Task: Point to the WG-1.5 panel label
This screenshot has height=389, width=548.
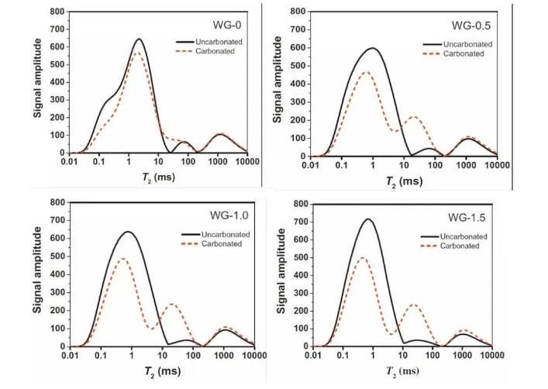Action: [x=466, y=215]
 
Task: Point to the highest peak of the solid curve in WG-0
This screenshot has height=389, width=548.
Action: [x=139, y=40]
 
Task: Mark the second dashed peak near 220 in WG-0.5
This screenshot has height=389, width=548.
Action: [x=415, y=117]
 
